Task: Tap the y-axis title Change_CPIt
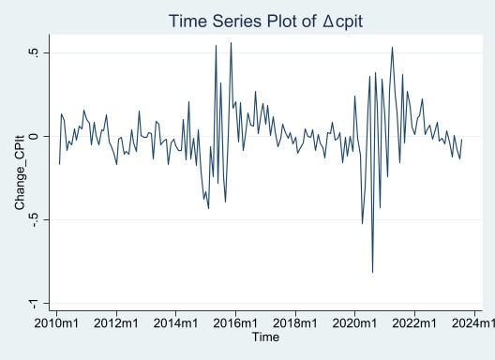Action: pyautogui.click(x=19, y=177)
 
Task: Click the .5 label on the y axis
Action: pyautogui.click(x=34, y=52)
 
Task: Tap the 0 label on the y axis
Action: pyautogui.click(x=34, y=136)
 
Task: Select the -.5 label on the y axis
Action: pyautogui.click(x=34, y=219)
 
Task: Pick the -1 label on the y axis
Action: pyautogui.click(x=34, y=303)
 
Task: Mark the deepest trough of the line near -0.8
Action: pyautogui.click(x=372, y=272)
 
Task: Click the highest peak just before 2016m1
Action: pyautogui.click(x=231, y=42)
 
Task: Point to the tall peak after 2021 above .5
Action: pyautogui.click(x=392, y=47)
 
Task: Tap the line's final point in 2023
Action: pyautogui.click(x=462, y=139)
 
